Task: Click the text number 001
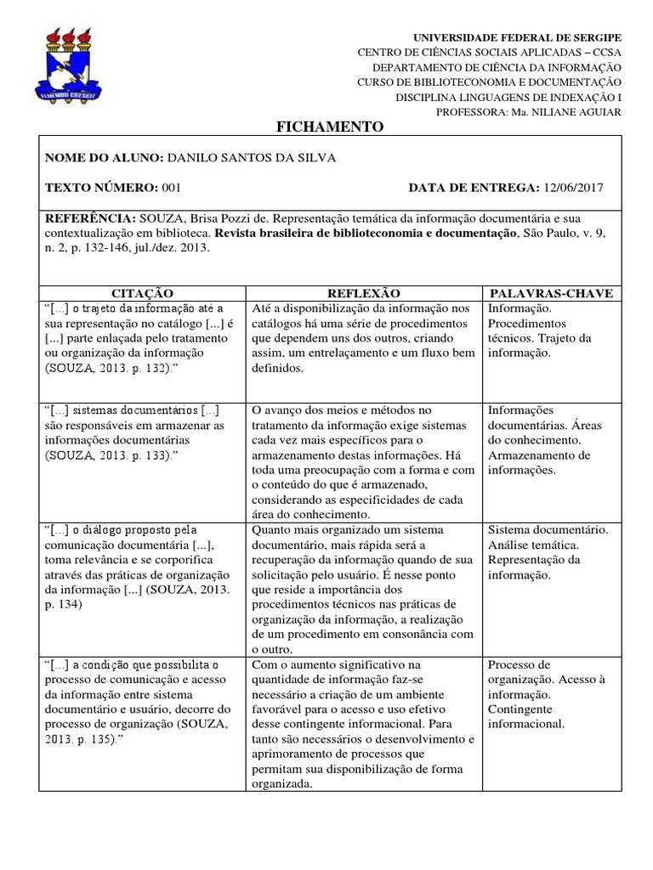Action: click(x=171, y=188)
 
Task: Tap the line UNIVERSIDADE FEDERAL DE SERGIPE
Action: click(x=517, y=38)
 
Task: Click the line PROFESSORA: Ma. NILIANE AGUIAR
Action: click(x=528, y=112)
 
